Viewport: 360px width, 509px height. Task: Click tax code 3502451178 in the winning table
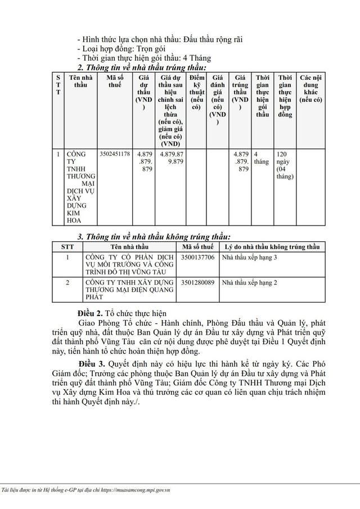click(x=114, y=154)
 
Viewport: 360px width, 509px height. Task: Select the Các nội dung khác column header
click(x=310, y=88)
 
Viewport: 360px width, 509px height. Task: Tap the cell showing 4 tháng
click(x=261, y=157)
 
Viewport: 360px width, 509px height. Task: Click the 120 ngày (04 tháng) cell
click(x=285, y=164)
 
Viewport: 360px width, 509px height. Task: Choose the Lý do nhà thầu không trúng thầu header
click(x=272, y=247)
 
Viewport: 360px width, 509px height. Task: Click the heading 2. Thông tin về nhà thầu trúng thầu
click(x=141, y=67)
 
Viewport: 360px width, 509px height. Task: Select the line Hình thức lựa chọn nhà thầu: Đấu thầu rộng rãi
click(x=163, y=39)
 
